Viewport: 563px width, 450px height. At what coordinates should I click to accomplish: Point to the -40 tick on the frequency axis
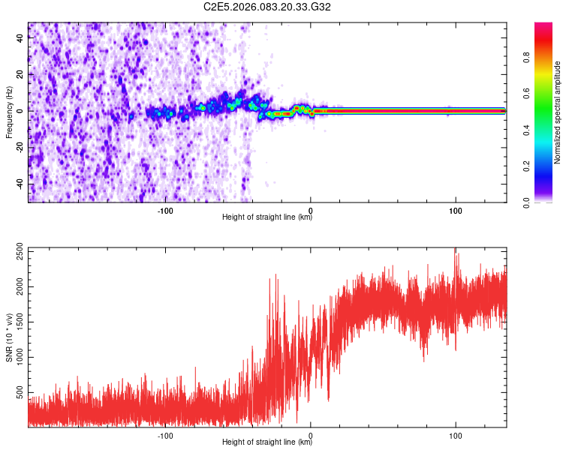coord(21,184)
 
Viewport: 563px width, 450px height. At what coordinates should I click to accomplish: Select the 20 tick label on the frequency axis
coord(21,74)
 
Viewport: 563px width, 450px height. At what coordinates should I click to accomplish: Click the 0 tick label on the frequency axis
coord(21,111)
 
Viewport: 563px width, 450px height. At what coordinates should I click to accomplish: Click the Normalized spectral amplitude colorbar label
coord(558,112)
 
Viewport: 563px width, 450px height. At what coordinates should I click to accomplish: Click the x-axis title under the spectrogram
coord(267,217)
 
